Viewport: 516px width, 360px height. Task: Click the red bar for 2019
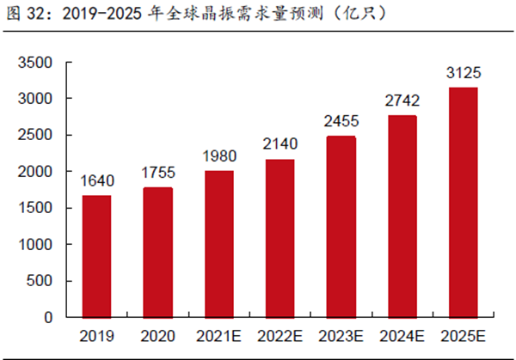[x=96, y=256]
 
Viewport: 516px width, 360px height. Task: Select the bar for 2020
[x=157, y=252]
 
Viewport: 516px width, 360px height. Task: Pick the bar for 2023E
[x=341, y=226]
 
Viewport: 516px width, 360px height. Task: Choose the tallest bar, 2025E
[x=463, y=202]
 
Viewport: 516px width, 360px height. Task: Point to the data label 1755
[x=157, y=173]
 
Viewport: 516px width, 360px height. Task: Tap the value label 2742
[x=402, y=101]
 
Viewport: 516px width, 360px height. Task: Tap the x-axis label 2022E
[x=279, y=334]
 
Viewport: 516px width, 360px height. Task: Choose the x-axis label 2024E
[x=402, y=334]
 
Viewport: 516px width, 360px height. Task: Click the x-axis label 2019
[x=96, y=334]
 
